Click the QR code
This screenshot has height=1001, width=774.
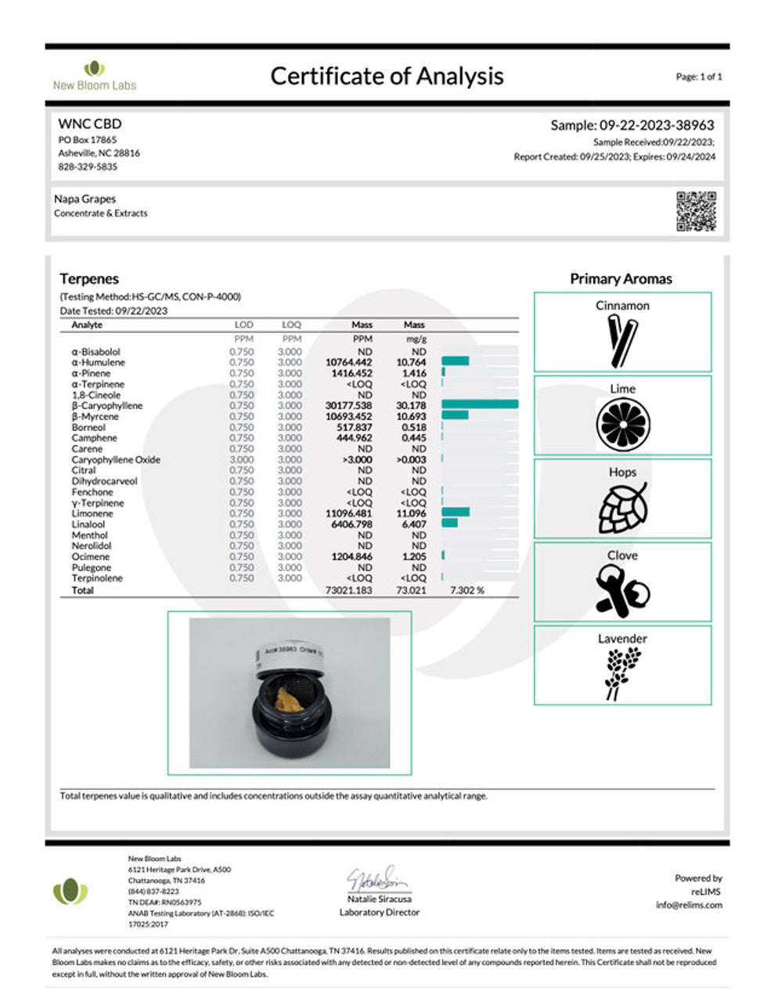coord(696,211)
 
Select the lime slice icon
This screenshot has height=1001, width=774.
coord(623,425)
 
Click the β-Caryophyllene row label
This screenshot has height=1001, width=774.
coord(107,406)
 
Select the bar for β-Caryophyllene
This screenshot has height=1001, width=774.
coord(480,404)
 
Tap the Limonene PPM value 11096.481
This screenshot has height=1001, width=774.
coord(349,513)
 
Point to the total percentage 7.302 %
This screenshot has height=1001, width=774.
coord(467,590)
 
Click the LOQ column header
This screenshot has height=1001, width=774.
coord(291,325)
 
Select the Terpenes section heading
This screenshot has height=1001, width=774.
coord(89,278)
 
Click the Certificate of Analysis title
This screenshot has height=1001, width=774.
coord(387,76)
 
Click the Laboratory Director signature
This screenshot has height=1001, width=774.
coord(379,880)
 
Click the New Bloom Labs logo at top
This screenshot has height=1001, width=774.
coord(94,76)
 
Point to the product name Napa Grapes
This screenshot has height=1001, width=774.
coord(85,199)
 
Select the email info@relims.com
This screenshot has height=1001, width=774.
coord(689,905)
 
